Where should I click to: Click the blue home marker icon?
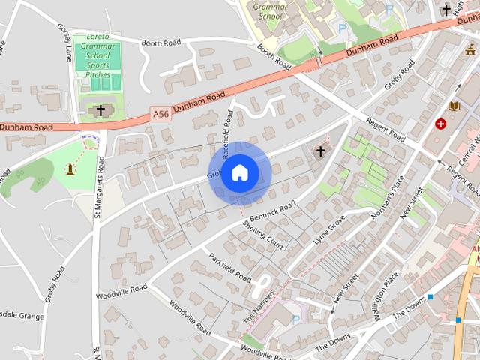239,172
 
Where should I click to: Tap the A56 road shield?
160,114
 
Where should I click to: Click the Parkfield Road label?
229,265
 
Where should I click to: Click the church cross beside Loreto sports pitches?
100,110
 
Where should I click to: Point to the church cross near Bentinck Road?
320,151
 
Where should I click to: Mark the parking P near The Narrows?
295,319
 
